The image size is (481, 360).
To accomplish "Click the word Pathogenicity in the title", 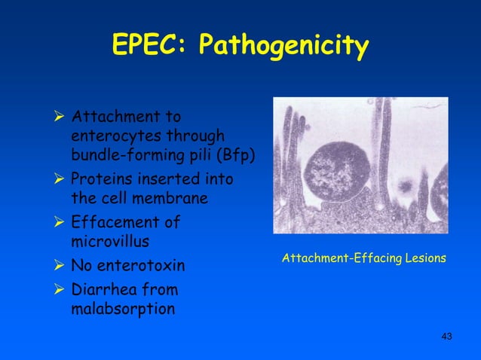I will (284, 47).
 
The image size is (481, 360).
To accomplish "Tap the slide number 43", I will (446, 335).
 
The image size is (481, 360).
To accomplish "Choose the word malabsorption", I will (121, 309).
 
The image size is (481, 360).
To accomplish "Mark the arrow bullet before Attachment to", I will (60, 117).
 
